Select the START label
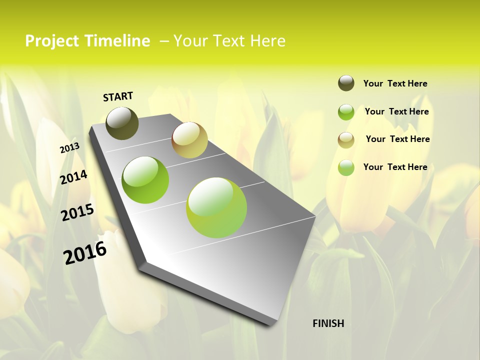pyautogui.click(x=118, y=96)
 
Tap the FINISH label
pyautogui.click(x=328, y=323)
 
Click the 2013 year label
pyautogui.click(x=69, y=148)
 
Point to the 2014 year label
pyautogui.click(x=74, y=177)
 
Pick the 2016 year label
pyautogui.click(x=85, y=253)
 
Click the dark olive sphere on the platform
pyautogui.click(x=122, y=123)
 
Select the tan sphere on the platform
pyautogui.click(x=189, y=139)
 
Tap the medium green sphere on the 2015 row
pyautogui.click(x=145, y=180)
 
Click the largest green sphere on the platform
pyautogui.click(x=216, y=207)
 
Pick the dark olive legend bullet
pyautogui.click(x=346, y=83)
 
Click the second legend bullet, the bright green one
pyautogui.click(x=346, y=112)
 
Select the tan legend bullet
pyautogui.click(x=346, y=139)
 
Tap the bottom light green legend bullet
pyautogui.click(x=346, y=167)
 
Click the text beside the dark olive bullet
pyautogui.click(x=395, y=83)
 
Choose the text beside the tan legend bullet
pyautogui.click(x=397, y=139)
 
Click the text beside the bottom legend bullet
pyautogui.click(x=395, y=167)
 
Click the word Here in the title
pyautogui.click(x=267, y=41)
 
